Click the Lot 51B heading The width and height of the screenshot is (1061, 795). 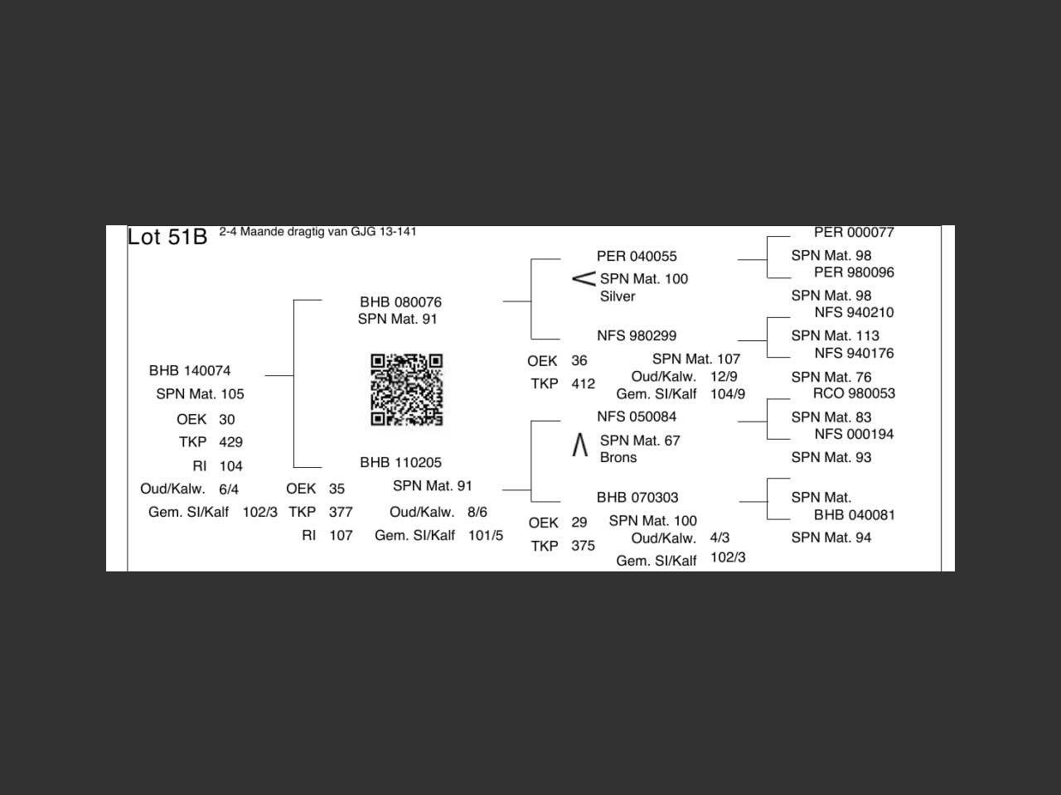(167, 237)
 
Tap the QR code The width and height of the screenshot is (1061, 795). (406, 389)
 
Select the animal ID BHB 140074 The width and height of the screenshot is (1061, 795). (190, 370)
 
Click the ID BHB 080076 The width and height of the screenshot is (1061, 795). (400, 302)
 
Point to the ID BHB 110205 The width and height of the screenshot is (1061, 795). (400, 462)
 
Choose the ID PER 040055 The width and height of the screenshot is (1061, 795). (637, 256)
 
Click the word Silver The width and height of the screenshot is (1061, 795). (618, 296)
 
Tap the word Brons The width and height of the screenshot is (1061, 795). (618, 457)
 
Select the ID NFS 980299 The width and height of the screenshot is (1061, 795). (637, 335)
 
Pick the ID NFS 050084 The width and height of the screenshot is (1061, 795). (637, 417)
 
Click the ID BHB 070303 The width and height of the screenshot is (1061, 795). (637, 497)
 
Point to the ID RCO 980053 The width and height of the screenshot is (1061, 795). (854, 393)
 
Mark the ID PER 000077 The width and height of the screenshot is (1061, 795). (854, 233)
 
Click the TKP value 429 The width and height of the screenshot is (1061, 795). (230, 442)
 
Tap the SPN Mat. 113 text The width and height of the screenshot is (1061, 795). (835, 335)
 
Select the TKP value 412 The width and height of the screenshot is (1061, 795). (583, 384)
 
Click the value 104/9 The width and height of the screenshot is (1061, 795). (727, 394)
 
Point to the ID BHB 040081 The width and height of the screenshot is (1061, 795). (854, 514)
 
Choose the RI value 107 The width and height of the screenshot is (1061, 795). (341, 536)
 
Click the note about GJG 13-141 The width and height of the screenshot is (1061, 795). (317, 232)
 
